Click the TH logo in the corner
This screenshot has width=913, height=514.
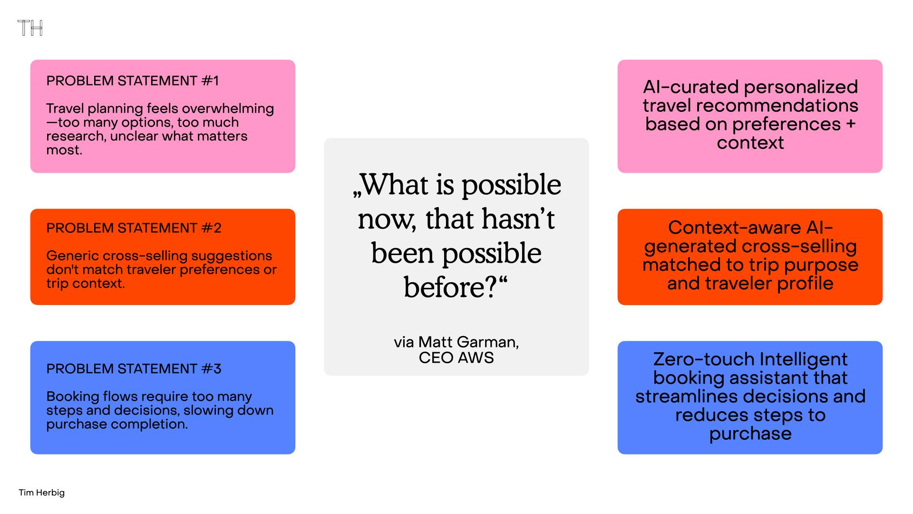[x=30, y=28]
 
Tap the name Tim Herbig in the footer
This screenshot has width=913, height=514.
[x=42, y=493]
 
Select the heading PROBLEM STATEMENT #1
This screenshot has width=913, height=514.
[x=133, y=81]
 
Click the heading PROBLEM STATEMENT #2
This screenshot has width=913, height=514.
[x=134, y=228]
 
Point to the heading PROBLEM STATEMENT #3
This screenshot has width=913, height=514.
[x=134, y=369]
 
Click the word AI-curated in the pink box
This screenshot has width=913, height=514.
[x=691, y=87]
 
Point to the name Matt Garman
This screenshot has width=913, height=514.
[x=468, y=342]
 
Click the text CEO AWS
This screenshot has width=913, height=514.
[x=456, y=358]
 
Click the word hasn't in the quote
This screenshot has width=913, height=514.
[x=518, y=219]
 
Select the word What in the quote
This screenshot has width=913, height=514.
[x=395, y=185]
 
